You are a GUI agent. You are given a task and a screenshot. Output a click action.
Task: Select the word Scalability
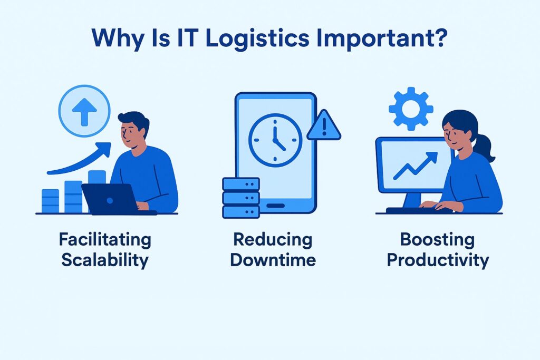point(105,260)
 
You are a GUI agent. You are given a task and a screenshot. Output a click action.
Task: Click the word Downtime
point(273,260)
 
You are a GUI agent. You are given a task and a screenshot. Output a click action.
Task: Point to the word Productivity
point(438,260)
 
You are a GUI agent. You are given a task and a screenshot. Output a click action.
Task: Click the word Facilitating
point(105,240)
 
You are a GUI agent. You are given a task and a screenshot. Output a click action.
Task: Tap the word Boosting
point(438,240)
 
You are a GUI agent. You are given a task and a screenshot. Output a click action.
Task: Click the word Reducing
point(273,240)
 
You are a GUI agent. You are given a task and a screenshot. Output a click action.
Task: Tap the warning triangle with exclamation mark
point(324,127)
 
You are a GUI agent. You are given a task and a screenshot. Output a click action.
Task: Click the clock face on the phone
point(275,140)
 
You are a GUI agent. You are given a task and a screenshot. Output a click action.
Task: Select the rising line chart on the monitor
point(414,166)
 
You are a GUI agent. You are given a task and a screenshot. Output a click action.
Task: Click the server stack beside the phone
point(241,197)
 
